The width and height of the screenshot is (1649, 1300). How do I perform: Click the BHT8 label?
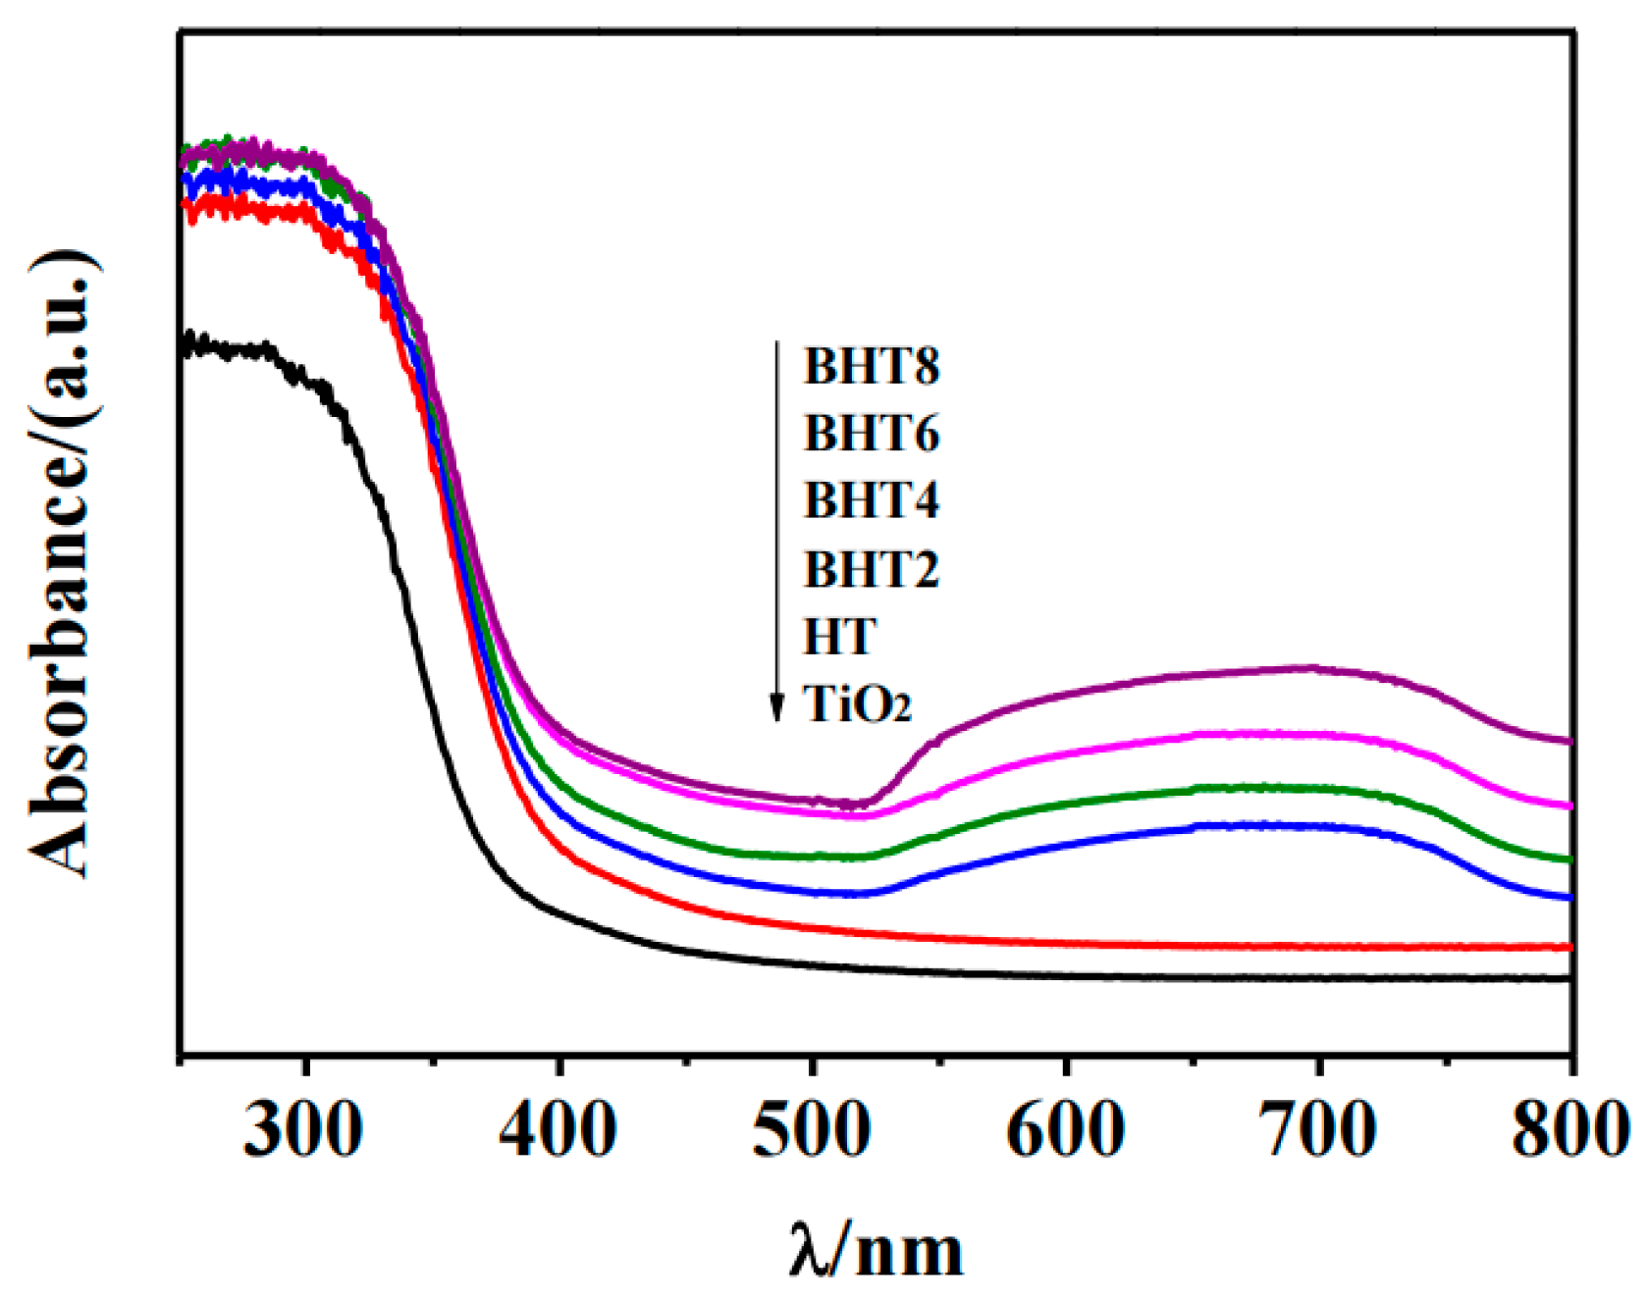pyautogui.click(x=871, y=367)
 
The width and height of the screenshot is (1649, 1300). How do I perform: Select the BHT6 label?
pyautogui.click(x=871, y=434)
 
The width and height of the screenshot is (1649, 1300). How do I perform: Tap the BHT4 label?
pyautogui.click(x=871, y=500)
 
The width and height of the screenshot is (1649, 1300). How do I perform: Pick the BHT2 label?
pyautogui.click(x=871, y=569)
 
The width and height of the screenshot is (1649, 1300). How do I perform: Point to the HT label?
pyautogui.click(x=837, y=637)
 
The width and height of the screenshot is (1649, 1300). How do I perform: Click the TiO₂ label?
pyautogui.click(x=857, y=704)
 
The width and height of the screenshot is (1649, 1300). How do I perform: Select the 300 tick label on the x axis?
pyautogui.click(x=303, y=1131)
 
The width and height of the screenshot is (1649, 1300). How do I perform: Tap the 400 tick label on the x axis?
pyautogui.click(x=558, y=1131)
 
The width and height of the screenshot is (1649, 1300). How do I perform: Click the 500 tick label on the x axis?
pyautogui.click(x=811, y=1131)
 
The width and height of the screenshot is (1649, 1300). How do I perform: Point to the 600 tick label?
pyautogui.click(x=1065, y=1131)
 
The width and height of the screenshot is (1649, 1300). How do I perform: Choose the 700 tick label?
pyautogui.click(x=1318, y=1131)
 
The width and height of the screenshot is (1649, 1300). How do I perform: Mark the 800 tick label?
pyautogui.click(x=1569, y=1131)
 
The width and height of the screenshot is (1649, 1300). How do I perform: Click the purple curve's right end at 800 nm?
pyautogui.click(x=1568, y=741)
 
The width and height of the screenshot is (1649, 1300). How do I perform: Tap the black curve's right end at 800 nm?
pyautogui.click(x=1568, y=978)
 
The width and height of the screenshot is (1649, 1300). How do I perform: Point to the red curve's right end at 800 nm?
pyautogui.click(x=1568, y=947)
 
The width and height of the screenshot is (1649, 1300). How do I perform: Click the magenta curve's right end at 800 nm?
pyautogui.click(x=1568, y=806)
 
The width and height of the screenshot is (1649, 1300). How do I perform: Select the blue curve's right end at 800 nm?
pyautogui.click(x=1568, y=897)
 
